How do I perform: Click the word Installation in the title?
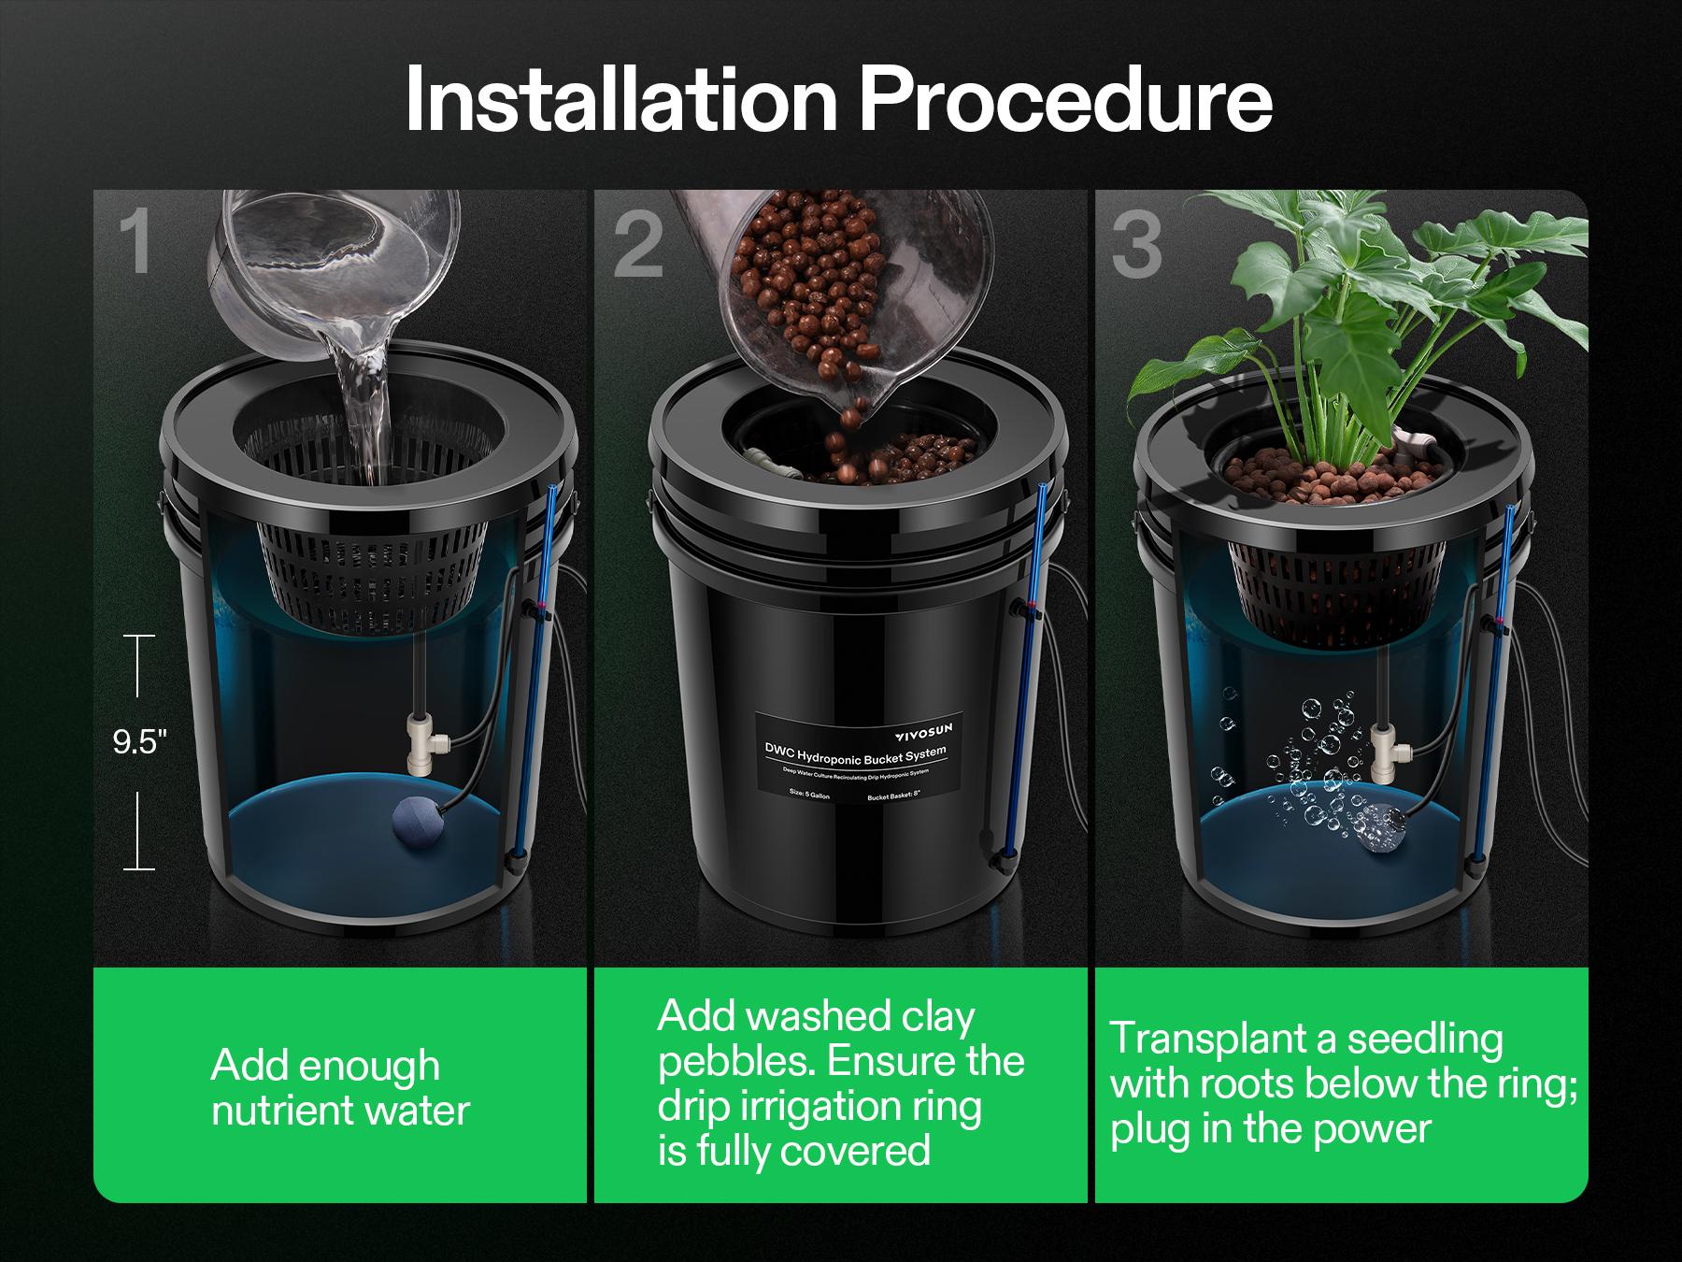[x=620, y=101]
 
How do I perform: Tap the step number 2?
[x=638, y=245]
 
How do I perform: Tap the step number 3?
[x=1137, y=245]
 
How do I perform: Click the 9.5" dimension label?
[x=139, y=743]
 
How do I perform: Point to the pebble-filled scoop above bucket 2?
[x=813, y=299]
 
